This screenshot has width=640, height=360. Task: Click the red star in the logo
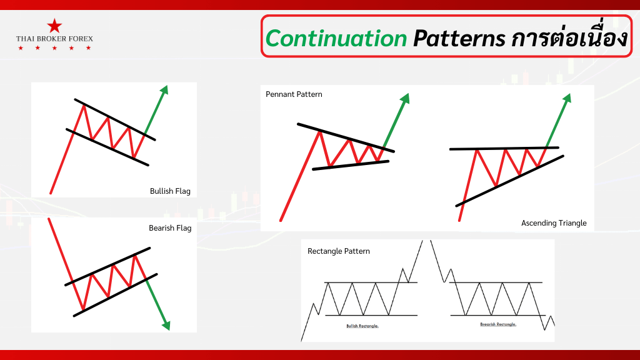click(54, 26)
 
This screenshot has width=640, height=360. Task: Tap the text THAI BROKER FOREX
click(54, 39)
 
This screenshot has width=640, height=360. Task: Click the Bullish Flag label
click(170, 191)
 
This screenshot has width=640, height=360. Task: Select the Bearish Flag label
click(170, 228)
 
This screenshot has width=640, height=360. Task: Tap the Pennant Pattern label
click(294, 94)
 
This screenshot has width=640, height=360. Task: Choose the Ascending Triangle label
click(554, 223)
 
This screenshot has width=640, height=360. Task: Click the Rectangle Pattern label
click(339, 251)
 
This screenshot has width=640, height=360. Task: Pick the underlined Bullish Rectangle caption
click(362, 326)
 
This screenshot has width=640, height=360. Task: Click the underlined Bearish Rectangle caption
click(498, 324)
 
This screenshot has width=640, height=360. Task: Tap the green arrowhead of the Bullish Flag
click(165, 90)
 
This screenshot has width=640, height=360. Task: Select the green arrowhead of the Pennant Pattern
click(405, 98)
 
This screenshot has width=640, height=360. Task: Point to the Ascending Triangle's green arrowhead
click(567, 98)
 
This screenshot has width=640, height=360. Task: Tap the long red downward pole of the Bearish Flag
click(60, 250)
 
